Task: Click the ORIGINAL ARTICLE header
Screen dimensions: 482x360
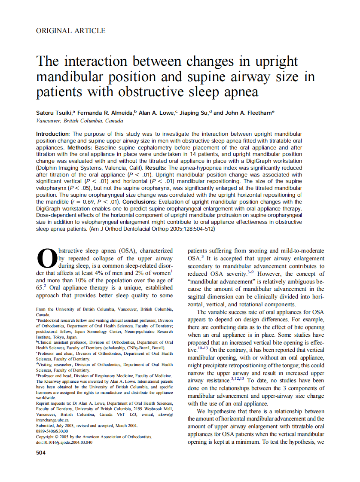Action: [x=71, y=31]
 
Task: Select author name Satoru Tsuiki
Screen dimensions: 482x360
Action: [x=54, y=113]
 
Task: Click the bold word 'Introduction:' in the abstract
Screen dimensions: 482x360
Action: [x=52, y=134]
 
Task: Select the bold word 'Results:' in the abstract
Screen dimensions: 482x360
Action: [x=159, y=167]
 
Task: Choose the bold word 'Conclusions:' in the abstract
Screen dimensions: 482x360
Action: [x=142, y=201]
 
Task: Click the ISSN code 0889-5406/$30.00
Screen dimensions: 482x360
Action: [x=52, y=431]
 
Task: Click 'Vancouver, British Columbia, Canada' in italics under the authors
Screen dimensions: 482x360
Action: [x=79, y=121]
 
